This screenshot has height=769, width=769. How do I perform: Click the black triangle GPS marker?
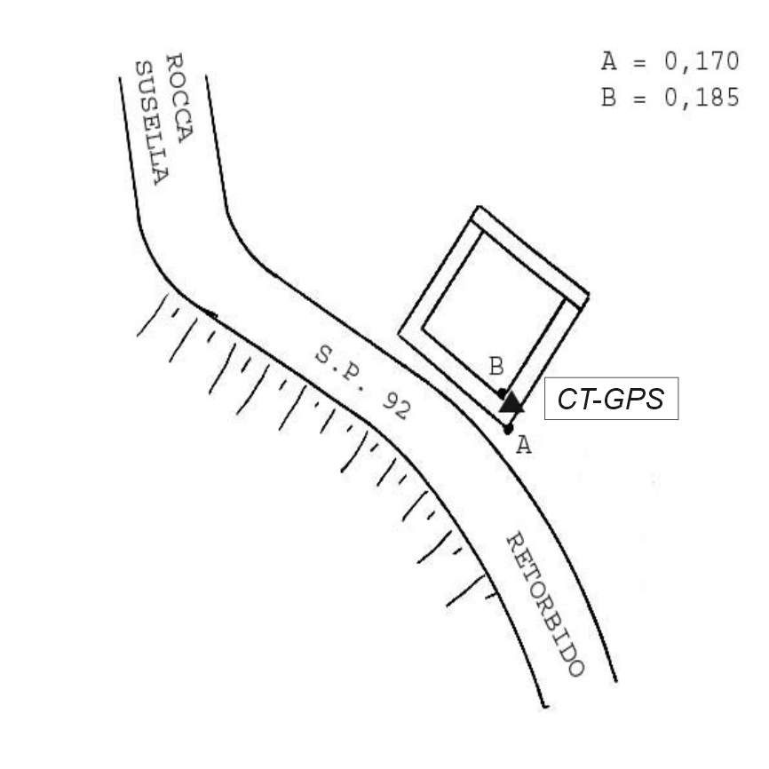(x=511, y=402)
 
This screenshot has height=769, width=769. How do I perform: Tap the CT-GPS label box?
(x=610, y=400)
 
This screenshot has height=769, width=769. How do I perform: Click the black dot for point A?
(x=508, y=429)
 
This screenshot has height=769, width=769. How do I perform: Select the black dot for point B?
(x=503, y=392)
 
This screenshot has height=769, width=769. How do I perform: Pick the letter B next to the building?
(x=497, y=366)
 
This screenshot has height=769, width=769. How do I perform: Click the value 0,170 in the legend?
(x=702, y=62)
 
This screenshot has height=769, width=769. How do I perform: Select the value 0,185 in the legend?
(x=702, y=97)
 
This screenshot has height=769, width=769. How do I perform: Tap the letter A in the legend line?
(x=608, y=62)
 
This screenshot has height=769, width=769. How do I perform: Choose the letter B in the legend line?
(x=608, y=97)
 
